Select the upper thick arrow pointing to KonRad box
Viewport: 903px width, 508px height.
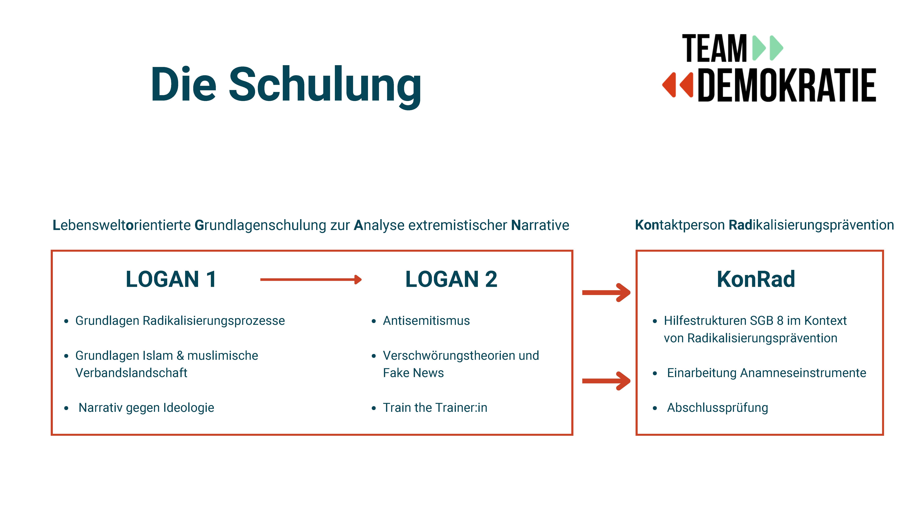point(606,292)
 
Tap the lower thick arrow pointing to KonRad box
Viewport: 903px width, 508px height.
point(606,381)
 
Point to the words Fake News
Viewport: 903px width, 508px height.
point(413,373)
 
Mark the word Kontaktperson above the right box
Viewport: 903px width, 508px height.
point(680,225)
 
